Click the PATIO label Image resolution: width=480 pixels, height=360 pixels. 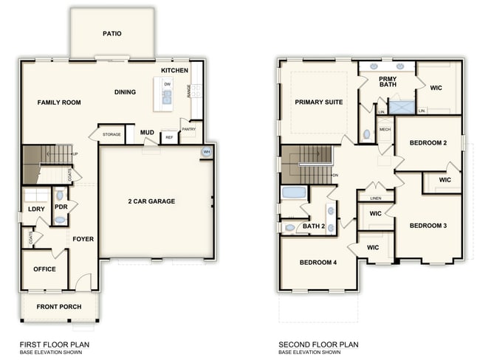(x=112, y=34)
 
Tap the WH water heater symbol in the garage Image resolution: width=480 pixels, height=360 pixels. (x=206, y=153)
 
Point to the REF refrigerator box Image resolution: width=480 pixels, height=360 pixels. (x=169, y=137)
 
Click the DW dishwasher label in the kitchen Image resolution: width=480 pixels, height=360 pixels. (x=168, y=85)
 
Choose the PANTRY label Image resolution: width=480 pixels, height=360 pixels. (x=188, y=129)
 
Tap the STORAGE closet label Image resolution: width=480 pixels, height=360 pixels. (x=112, y=134)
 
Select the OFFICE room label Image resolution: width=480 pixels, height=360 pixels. (x=44, y=269)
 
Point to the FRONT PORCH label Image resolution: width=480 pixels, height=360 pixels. (x=58, y=307)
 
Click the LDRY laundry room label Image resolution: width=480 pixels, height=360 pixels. (x=36, y=209)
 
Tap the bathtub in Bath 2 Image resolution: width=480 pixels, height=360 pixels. (x=294, y=193)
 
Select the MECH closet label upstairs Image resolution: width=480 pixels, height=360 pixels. (x=385, y=130)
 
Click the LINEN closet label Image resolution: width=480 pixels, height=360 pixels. (x=376, y=198)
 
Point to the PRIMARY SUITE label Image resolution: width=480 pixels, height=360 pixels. (x=318, y=102)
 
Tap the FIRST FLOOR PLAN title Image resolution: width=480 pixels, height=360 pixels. (x=55, y=345)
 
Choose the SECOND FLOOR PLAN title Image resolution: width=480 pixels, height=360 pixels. (x=318, y=345)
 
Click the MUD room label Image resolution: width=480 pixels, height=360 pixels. (x=147, y=133)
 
